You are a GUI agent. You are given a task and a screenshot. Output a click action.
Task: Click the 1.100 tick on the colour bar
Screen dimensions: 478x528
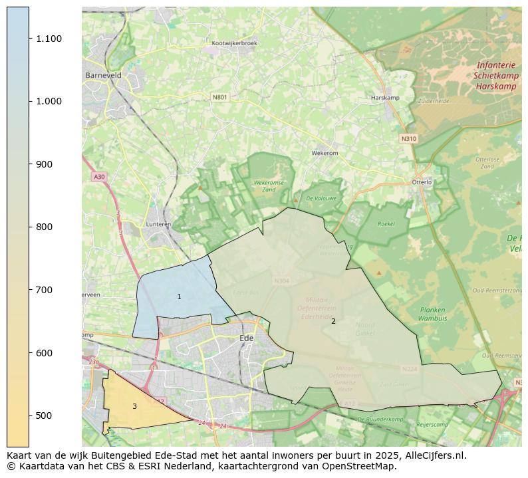tap(29, 39)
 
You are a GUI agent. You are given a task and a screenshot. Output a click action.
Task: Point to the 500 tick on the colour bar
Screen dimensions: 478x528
tap(29, 416)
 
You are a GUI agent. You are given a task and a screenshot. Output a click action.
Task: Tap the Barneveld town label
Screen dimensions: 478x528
tap(103, 76)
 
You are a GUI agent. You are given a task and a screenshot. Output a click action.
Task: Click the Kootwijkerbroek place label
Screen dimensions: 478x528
tap(234, 43)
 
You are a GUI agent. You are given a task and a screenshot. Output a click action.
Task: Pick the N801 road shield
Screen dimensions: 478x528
tap(219, 97)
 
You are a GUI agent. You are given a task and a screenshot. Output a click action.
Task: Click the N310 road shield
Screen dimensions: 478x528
tap(408, 138)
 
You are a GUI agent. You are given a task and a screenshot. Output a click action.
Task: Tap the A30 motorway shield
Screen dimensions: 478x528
tap(99, 177)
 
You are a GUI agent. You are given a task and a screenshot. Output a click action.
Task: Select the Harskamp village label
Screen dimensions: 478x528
tap(385, 98)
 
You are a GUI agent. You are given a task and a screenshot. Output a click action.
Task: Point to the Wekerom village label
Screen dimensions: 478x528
tap(325, 153)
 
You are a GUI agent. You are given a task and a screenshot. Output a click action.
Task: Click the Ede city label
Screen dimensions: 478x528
tap(246, 338)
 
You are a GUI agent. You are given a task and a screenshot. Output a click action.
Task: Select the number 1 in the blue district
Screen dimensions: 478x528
tap(179, 297)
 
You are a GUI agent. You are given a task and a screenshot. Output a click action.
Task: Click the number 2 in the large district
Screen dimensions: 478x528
tap(333, 321)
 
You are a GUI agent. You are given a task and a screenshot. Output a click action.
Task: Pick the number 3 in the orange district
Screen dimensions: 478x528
tap(134, 406)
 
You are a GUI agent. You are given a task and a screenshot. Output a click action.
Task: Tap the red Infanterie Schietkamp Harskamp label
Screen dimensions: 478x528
tap(495, 76)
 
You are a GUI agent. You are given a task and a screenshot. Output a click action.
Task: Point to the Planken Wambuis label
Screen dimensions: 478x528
tap(432, 314)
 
